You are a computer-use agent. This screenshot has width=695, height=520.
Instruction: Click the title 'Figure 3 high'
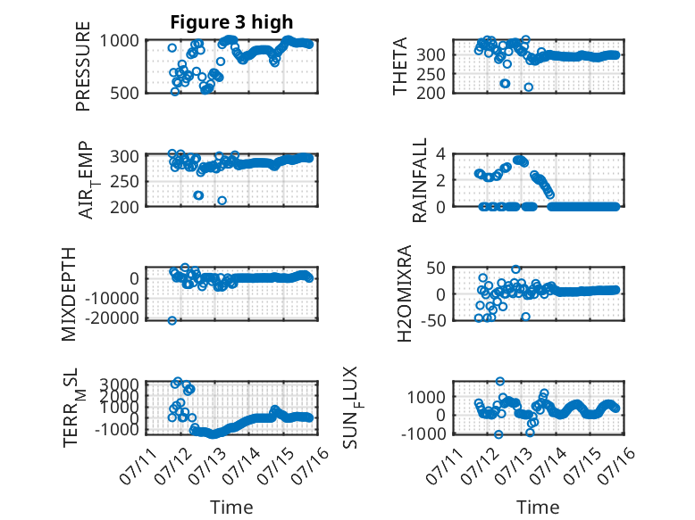click(x=231, y=22)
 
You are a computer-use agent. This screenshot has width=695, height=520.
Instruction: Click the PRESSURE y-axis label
click(x=83, y=66)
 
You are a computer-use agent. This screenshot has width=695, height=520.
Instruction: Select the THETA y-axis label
click(x=400, y=66)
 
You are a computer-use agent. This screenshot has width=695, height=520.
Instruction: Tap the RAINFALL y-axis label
click(x=419, y=179)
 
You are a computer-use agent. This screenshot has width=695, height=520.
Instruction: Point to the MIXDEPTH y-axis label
click(x=69, y=294)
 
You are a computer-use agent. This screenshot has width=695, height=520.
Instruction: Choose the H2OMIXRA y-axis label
click(x=405, y=293)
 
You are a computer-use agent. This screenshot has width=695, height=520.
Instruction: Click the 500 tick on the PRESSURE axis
click(x=124, y=93)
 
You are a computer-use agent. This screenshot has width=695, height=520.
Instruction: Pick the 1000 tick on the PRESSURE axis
click(x=120, y=41)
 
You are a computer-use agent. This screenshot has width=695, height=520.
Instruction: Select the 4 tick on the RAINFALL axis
click(x=440, y=154)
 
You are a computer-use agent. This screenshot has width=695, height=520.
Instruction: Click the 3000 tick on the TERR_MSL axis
click(x=119, y=384)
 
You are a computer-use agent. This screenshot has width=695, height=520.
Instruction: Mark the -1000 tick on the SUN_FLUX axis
click(x=423, y=433)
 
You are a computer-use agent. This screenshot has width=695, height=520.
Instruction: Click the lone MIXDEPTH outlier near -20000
click(x=172, y=320)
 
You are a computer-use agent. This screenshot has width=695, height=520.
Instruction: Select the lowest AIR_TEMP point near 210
click(x=222, y=201)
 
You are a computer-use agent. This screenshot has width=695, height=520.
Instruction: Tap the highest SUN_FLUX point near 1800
click(x=500, y=381)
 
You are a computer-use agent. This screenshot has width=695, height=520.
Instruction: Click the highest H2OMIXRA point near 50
click(x=515, y=269)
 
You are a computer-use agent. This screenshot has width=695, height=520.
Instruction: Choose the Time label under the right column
click(x=538, y=508)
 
